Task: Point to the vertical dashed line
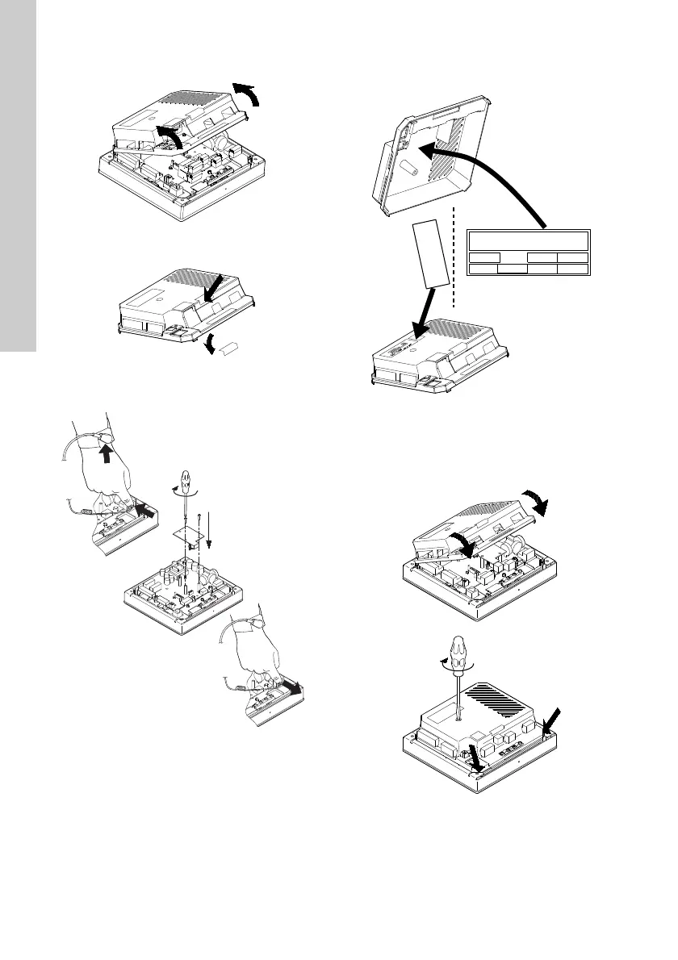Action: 458,258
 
